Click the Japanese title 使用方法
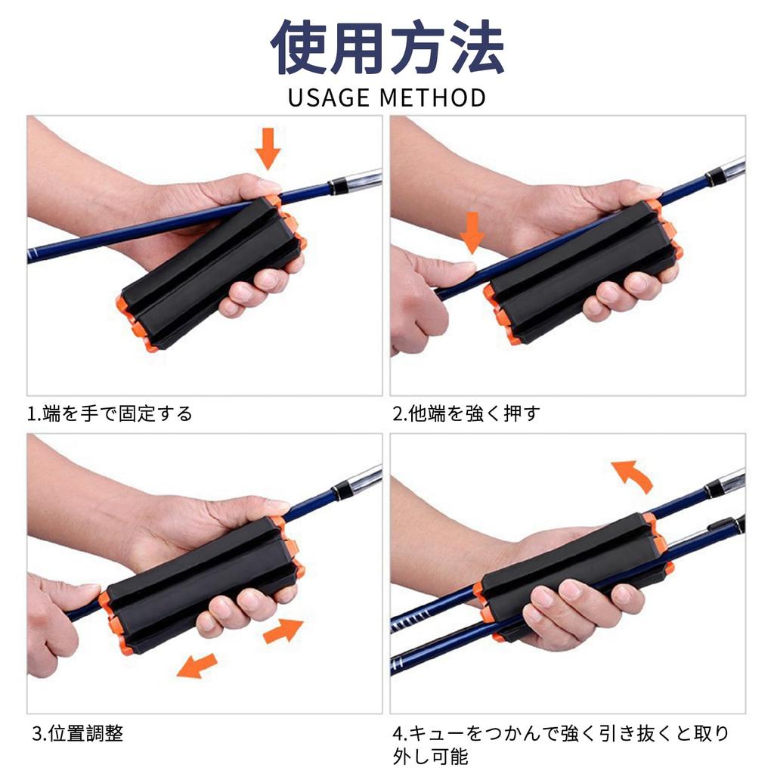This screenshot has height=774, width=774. pos(387,47)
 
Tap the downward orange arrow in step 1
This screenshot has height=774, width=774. pos(267,149)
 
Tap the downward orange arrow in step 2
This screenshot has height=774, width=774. pos(472,232)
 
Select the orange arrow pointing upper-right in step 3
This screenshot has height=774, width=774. pos(283,630)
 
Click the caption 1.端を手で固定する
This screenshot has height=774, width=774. pos(110,414)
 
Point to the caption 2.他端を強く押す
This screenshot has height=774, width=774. pos(466,414)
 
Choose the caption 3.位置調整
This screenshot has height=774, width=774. pos(78,733)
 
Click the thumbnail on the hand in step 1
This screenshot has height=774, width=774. pos(268,184)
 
